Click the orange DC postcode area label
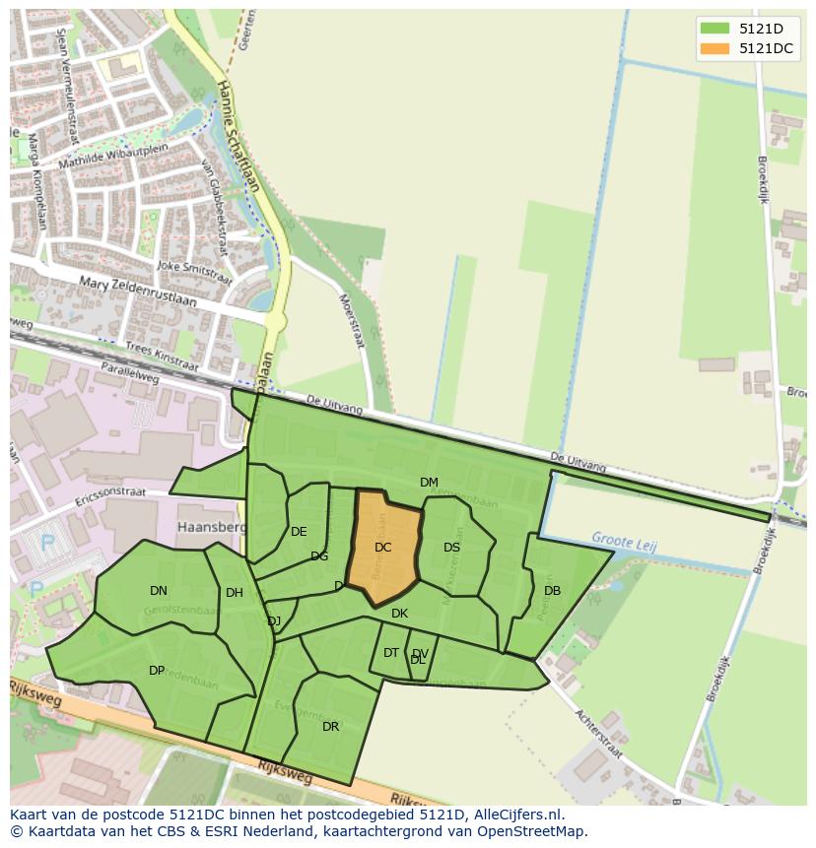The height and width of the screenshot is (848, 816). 383,548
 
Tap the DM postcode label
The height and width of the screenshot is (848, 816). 429,483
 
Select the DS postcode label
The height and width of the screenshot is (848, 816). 451,548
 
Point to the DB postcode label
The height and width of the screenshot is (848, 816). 552,591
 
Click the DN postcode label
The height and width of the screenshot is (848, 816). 159,591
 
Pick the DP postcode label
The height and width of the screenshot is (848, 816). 157,671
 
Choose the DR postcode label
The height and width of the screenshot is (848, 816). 330,727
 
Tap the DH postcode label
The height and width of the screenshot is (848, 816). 234,593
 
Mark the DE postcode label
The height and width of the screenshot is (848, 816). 299,532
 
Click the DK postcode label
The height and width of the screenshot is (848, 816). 399,614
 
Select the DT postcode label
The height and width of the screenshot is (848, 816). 391,653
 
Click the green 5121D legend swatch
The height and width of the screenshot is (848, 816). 714,29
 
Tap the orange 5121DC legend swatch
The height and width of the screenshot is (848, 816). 714,48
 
